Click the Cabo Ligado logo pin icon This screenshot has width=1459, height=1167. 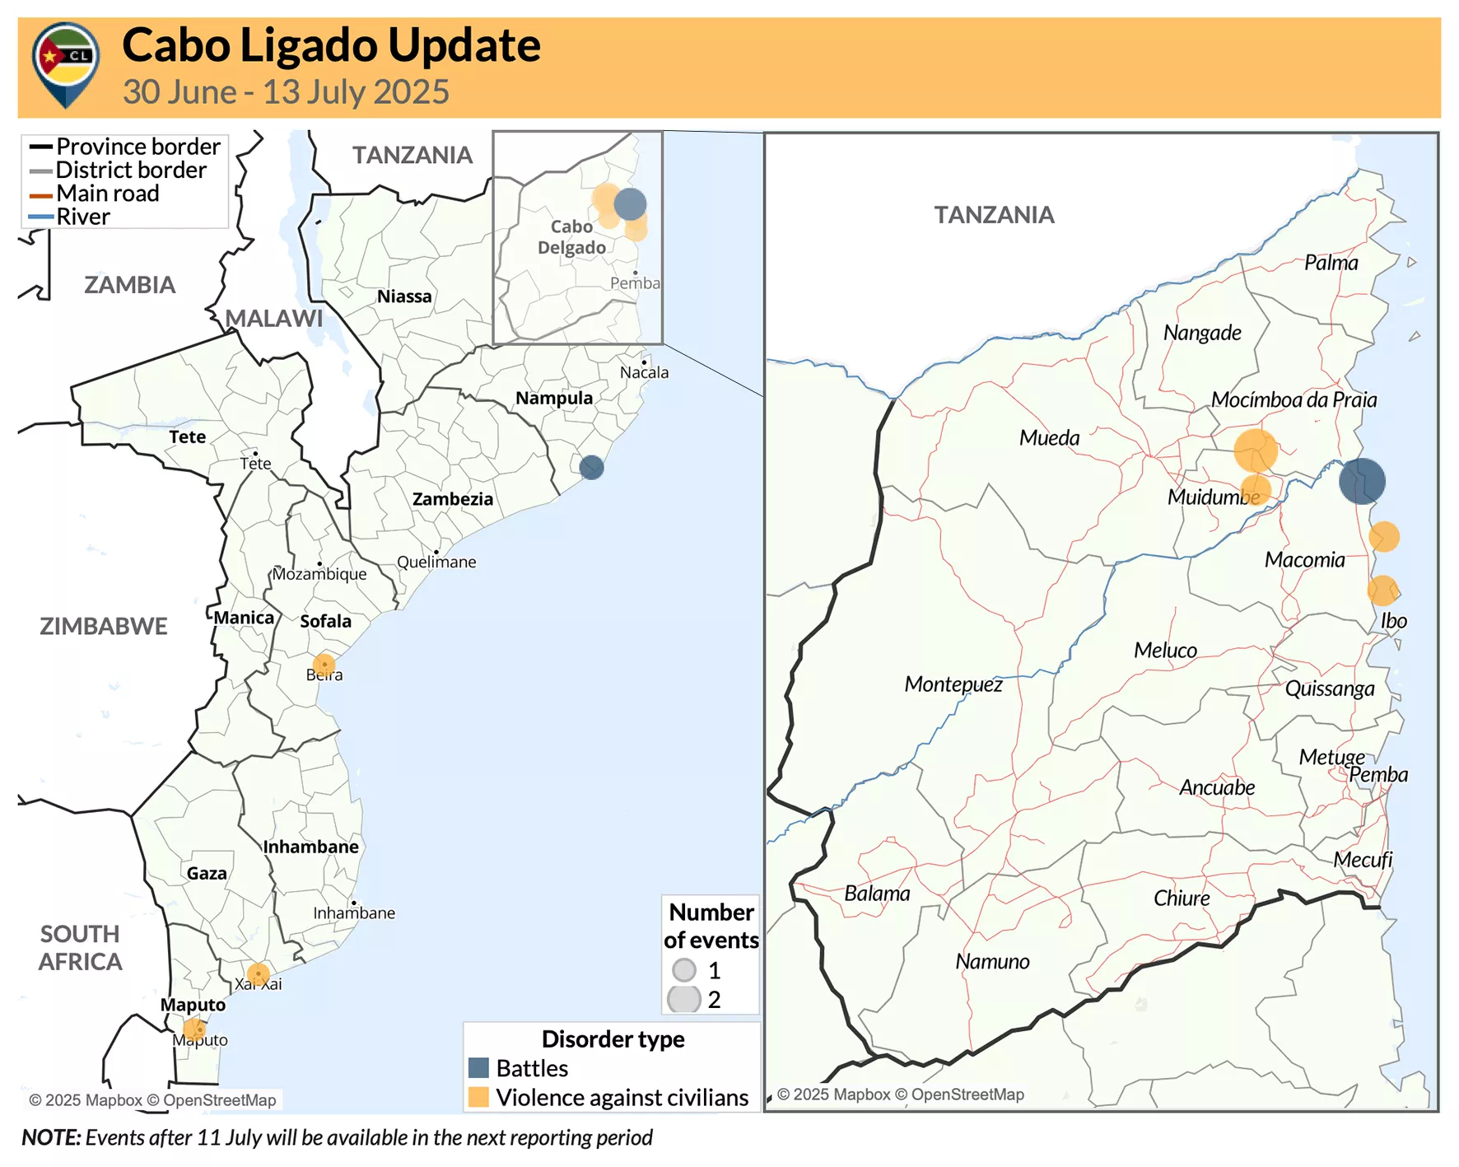(65, 63)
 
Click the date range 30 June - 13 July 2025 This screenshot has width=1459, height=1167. (286, 92)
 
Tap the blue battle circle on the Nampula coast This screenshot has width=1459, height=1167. (591, 468)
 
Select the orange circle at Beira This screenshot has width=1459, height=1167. (324, 665)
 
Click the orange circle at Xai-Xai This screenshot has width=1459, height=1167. (258, 975)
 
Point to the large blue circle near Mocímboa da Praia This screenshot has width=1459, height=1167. (1362, 482)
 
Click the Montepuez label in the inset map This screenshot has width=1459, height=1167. (953, 684)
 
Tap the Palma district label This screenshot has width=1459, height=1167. (1331, 263)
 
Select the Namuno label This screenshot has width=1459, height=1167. (992, 962)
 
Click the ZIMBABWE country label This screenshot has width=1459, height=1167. (104, 626)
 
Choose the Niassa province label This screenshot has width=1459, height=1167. (404, 296)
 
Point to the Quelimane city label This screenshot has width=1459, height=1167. (436, 562)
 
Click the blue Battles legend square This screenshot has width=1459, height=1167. (478, 1068)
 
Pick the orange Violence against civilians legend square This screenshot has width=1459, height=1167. (478, 1097)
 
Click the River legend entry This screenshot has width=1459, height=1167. (82, 217)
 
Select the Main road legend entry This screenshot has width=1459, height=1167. (107, 194)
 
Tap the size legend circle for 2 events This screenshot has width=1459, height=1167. (684, 999)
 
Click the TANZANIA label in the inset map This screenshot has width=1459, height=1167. (994, 215)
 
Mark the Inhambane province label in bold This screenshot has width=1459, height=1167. (310, 847)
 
